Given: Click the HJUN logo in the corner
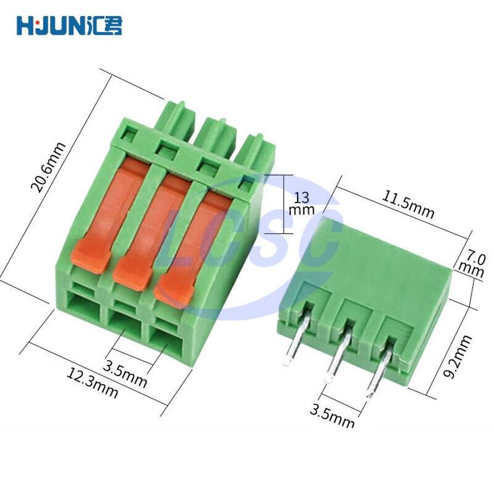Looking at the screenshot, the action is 69,25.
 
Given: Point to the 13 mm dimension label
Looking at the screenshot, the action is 302,204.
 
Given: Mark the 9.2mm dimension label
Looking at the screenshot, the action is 457,356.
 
